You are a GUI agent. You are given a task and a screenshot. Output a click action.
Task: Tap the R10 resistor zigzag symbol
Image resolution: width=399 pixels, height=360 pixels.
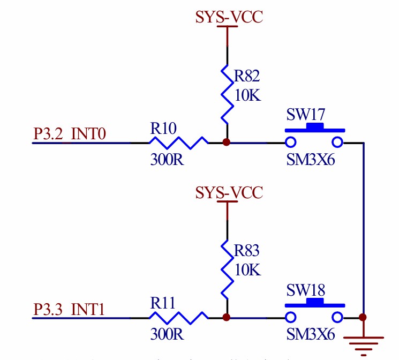pyautogui.click(x=178, y=142)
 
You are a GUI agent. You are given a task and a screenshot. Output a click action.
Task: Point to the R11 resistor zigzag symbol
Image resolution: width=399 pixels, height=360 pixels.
pyautogui.click(x=178, y=317)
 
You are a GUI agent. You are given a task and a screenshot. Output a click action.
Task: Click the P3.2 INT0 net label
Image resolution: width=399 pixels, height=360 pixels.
pyautogui.click(x=70, y=133)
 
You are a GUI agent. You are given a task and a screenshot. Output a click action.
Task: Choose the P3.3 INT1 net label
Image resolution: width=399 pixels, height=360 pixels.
pyautogui.click(x=70, y=309)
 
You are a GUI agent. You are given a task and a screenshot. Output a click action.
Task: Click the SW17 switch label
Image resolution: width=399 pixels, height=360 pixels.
pyautogui.click(x=306, y=115)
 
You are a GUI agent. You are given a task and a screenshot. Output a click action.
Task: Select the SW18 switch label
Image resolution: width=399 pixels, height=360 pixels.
pyautogui.click(x=306, y=290)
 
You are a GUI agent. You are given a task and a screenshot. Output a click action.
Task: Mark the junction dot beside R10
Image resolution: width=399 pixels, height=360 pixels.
pyautogui.click(x=227, y=142)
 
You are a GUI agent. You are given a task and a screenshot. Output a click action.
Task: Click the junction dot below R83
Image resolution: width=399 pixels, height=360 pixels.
pyautogui.click(x=227, y=317)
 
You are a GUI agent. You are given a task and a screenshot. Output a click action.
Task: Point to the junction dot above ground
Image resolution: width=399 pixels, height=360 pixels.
pyautogui.click(x=364, y=317)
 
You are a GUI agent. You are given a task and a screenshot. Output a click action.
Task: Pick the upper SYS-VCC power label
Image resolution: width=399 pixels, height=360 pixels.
pyautogui.click(x=229, y=18)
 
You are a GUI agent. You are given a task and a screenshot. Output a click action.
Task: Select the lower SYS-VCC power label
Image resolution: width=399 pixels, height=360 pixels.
pyautogui.click(x=229, y=192)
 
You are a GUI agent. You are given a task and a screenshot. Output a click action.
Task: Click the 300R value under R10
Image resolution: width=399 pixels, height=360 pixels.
pyautogui.click(x=167, y=160)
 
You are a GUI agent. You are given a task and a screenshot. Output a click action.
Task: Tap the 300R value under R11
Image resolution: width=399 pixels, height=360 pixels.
pyautogui.click(x=167, y=334)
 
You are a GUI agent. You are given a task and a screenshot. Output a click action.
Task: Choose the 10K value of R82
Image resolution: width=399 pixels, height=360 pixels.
pyautogui.click(x=247, y=96)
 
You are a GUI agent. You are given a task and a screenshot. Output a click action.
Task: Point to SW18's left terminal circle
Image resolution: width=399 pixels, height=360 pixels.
pyautogui.click(x=290, y=317)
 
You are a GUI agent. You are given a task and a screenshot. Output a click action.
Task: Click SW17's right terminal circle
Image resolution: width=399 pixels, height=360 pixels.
pyautogui.click(x=337, y=142)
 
